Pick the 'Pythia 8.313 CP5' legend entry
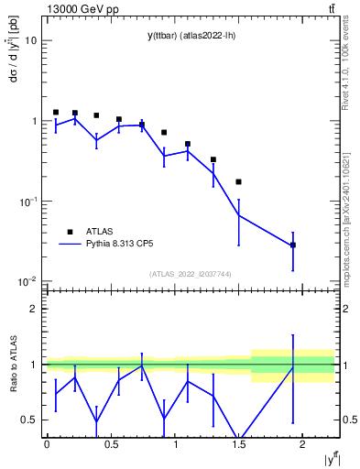tap(118, 245)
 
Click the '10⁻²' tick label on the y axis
tap(27, 281)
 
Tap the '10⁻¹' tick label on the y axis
tap(27, 201)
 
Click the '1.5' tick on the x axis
tap(239, 444)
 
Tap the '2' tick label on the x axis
tap(303, 444)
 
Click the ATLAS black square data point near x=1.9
tap(293, 245)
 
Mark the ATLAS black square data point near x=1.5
tap(239, 181)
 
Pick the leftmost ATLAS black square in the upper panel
tap(56, 112)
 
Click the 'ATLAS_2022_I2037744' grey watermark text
tap(191, 273)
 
